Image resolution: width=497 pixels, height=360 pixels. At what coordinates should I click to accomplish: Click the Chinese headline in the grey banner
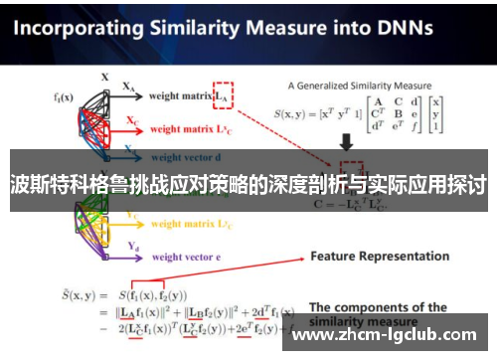click(248, 184)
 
